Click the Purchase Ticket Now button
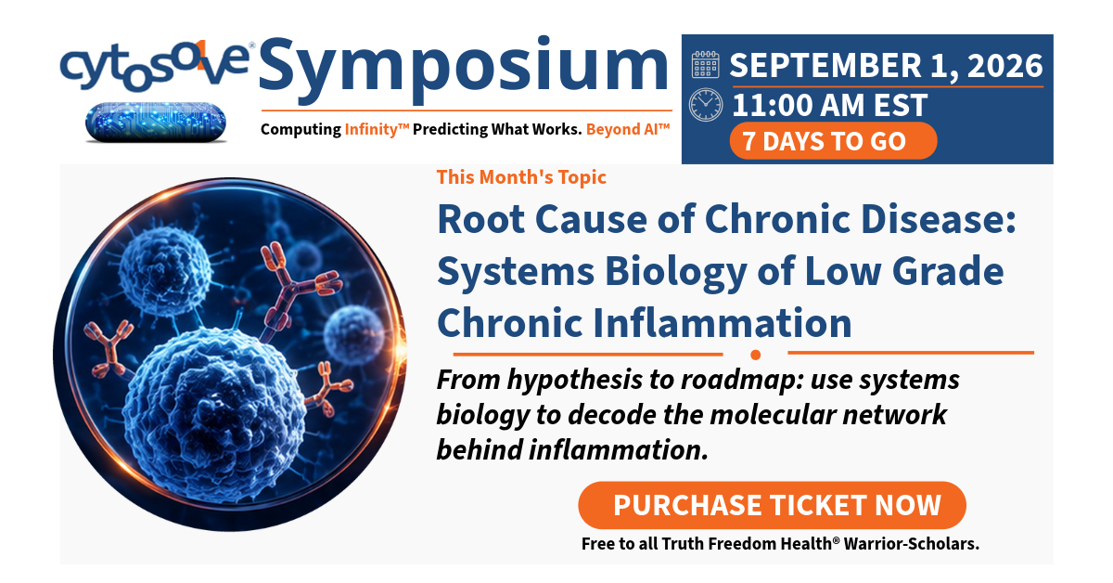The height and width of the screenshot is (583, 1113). click(772, 505)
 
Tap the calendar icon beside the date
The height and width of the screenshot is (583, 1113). click(705, 65)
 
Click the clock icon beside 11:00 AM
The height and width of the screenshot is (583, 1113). click(706, 105)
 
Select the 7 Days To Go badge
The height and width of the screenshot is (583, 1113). click(833, 141)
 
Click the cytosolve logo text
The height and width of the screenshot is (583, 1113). click(155, 66)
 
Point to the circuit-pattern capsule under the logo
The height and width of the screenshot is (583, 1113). click(156, 123)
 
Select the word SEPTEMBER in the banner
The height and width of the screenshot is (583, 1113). click(825, 65)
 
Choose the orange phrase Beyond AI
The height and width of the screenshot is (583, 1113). click(628, 129)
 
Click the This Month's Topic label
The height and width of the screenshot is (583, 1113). click(521, 177)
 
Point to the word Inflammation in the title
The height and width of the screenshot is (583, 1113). click(722, 323)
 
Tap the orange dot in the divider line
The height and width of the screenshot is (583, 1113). click(756, 355)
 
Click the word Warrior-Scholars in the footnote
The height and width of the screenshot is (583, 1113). click(911, 544)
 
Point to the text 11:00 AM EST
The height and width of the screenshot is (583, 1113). click(830, 105)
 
